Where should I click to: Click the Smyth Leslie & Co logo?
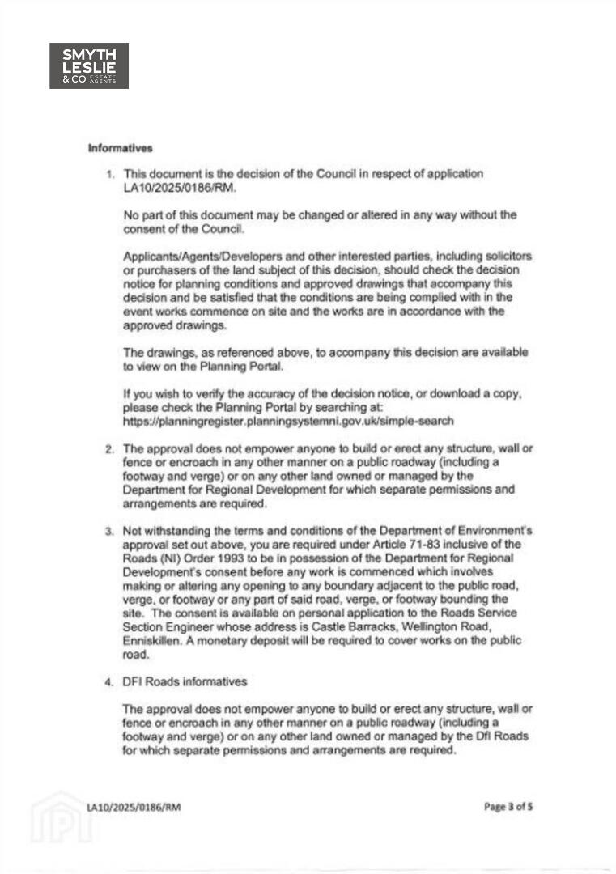click(89, 66)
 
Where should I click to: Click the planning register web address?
click(287, 422)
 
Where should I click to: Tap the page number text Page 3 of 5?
click(508, 806)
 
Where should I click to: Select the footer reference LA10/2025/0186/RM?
click(134, 807)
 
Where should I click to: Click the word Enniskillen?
click(153, 641)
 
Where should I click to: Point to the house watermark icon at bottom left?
click(62, 817)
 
